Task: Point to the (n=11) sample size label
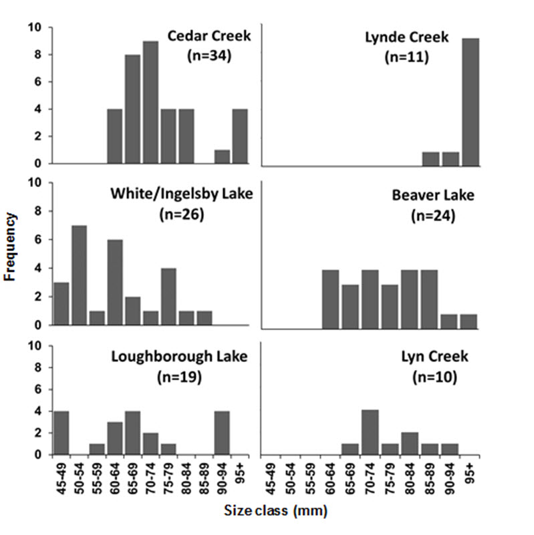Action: click(x=406, y=57)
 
